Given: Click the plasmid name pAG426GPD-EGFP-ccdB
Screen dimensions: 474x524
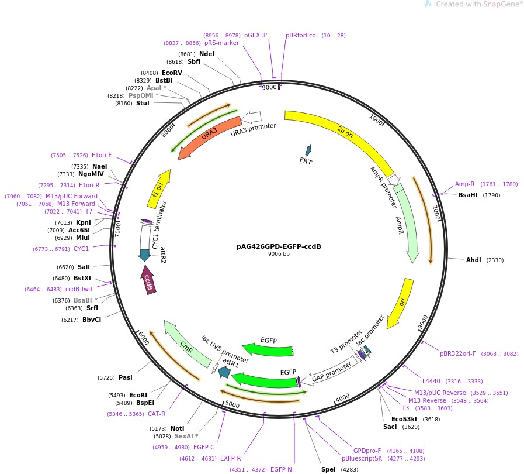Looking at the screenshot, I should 279,246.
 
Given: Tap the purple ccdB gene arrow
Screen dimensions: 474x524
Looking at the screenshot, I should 148,280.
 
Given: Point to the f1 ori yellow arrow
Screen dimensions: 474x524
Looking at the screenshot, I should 159,188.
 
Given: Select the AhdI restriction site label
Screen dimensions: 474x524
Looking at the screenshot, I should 473,260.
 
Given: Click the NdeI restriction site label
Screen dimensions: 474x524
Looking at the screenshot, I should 207,54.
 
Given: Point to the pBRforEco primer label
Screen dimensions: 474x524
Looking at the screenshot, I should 300,35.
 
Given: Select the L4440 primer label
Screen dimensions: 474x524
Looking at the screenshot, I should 431,381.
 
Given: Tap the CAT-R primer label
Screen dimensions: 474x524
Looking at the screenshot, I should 157,414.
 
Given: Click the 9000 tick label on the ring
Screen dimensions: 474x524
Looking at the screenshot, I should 269,87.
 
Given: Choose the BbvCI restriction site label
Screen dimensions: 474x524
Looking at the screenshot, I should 92,320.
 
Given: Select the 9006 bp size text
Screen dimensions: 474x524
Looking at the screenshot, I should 279,254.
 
